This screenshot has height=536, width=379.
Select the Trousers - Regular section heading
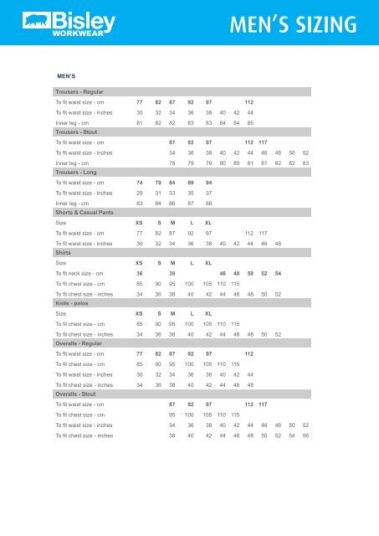point(79,91)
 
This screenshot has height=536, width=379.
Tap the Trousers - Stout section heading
point(76,132)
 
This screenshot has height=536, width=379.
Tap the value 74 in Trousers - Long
point(139,183)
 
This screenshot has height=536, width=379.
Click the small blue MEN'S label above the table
point(67,75)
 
